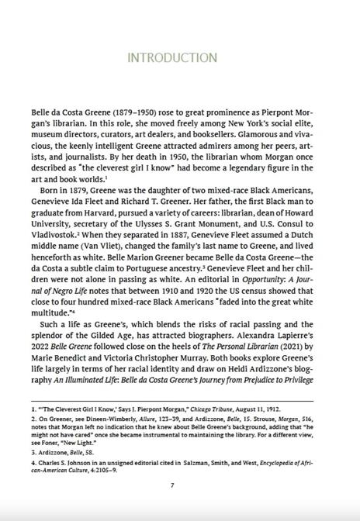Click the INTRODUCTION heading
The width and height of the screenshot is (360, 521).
tap(181, 58)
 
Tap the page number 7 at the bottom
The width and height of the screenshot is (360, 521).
tap(180, 486)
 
